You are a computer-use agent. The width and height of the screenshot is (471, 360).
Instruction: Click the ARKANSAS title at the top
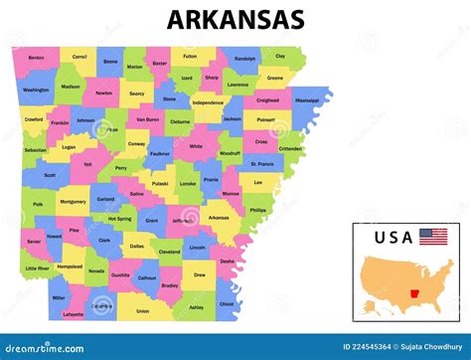(x=235, y=20)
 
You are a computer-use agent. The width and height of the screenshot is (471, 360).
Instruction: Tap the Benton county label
(x=37, y=58)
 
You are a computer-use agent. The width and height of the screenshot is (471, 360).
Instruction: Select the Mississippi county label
(x=307, y=100)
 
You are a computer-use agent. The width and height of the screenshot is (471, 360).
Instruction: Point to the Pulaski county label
(x=160, y=183)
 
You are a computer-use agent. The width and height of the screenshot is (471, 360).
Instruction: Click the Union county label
(x=143, y=310)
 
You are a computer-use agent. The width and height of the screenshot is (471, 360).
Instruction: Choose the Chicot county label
(x=227, y=304)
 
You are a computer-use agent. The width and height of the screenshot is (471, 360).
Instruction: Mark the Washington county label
(x=36, y=90)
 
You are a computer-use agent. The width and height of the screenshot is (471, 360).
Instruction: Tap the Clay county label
(x=280, y=57)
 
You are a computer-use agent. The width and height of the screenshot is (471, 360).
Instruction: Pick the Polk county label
(x=38, y=204)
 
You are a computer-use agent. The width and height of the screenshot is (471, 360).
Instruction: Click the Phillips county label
(x=258, y=211)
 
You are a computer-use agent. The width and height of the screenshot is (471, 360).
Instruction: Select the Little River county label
(x=37, y=269)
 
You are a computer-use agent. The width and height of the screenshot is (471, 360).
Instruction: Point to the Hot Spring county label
(x=119, y=219)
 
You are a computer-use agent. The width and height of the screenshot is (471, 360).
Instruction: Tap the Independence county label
(x=208, y=102)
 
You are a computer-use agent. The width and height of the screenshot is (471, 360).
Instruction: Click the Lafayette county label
(x=74, y=314)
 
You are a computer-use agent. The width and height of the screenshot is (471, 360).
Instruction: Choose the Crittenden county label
(x=290, y=148)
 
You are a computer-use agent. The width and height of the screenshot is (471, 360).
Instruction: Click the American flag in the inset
(x=433, y=237)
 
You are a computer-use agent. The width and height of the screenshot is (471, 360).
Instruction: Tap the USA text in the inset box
(x=393, y=237)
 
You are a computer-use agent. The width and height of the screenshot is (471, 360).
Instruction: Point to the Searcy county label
(x=136, y=93)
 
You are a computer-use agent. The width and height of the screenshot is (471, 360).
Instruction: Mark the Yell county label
(x=86, y=164)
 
